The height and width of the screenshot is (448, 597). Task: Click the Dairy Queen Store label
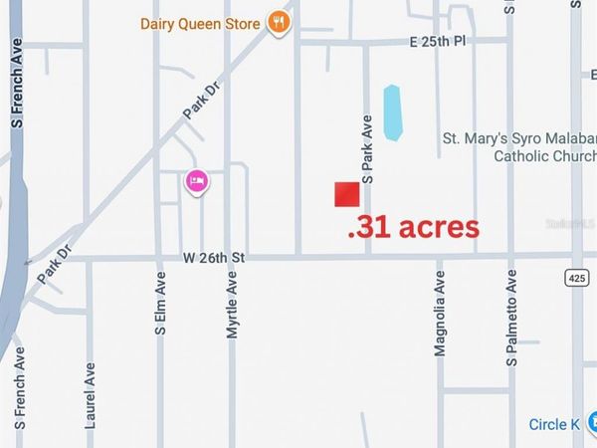pos(200,23)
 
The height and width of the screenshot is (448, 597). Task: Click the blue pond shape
pos(393,112)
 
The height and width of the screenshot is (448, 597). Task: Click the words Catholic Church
pos(544,156)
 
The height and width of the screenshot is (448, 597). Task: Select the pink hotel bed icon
pos(196,181)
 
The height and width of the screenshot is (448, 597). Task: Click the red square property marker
pos(346,194)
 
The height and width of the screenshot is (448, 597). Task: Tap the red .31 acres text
pos(413,227)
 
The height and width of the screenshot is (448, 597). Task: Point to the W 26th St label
pos(214,258)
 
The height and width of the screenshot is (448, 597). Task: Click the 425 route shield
pos(578,275)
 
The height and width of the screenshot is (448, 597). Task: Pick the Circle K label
pos(554,425)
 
